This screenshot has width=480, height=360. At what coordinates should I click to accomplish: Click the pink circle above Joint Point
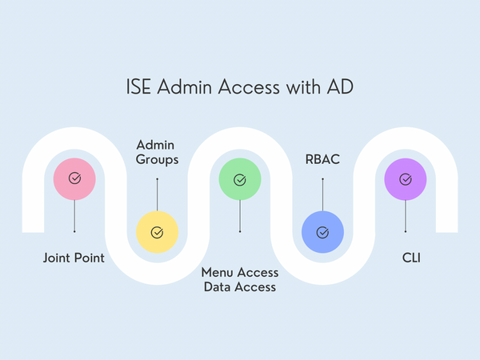pyautogui.click(x=74, y=179)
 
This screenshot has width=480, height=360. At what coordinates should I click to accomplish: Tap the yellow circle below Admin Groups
pyautogui.click(x=157, y=232)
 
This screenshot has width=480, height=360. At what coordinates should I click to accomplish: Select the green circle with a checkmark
pyautogui.click(x=240, y=179)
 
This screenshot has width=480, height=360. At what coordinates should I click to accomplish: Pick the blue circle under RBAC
pyautogui.click(x=322, y=232)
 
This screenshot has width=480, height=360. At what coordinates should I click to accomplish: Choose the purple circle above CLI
pyautogui.click(x=406, y=179)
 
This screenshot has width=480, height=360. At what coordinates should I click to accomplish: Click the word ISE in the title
pyautogui.click(x=139, y=86)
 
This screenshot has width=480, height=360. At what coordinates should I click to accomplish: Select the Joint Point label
pyautogui.click(x=74, y=258)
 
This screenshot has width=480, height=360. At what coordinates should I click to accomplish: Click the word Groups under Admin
pyautogui.click(x=157, y=160)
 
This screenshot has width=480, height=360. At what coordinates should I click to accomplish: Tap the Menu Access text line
pyautogui.click(x=239, y=272)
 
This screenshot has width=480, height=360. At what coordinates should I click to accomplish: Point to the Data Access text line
pyautogui.click(x=239, y=286)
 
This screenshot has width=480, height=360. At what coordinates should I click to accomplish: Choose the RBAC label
pyautogui.click(x=322, y=160)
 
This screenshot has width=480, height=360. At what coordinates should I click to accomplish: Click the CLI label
pyautogui.click(x=406, y=258)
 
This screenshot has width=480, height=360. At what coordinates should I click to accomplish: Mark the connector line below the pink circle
pyautogui.click(x=74, y=216)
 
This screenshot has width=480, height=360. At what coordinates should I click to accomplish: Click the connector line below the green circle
pyautogui.click(x=240, y=216)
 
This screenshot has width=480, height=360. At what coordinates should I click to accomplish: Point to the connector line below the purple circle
pyautogui.click(x=406, y=216)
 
